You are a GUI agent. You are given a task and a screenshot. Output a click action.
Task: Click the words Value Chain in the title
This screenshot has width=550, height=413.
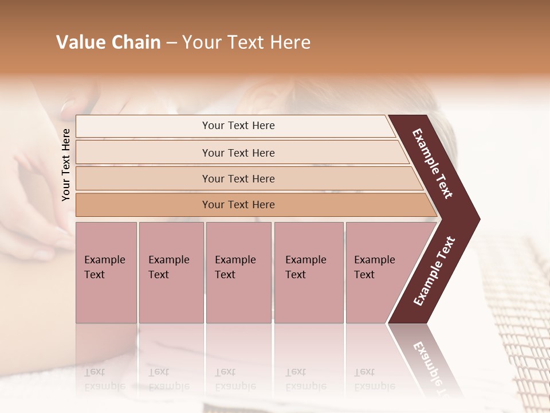click(108, 42)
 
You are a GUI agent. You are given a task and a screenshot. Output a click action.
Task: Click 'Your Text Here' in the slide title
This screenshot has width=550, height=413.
click(246, 42)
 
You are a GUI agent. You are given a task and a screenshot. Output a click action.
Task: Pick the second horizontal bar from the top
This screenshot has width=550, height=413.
click(238, 153)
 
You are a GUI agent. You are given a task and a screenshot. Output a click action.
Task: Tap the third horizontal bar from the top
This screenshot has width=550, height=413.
click(238, 178)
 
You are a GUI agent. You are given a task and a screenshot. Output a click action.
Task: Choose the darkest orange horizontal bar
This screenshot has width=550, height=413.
click(238, 205)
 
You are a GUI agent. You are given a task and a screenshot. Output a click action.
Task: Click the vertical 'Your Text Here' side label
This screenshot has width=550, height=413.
click(66, 165)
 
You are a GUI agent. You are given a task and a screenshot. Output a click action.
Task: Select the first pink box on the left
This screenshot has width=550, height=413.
click(106, 272)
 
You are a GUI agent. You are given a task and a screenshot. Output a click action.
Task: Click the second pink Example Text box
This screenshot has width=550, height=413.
click(171, 272)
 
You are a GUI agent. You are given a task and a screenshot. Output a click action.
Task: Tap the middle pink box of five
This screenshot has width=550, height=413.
click(238, 272)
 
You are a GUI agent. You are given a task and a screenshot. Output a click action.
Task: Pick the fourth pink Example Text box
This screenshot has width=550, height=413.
click(308, 272)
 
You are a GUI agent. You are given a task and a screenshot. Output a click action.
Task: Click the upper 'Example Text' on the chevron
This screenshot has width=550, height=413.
click(433, 163)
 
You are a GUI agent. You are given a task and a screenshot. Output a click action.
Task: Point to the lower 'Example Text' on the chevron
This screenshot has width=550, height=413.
click(434, 271)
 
